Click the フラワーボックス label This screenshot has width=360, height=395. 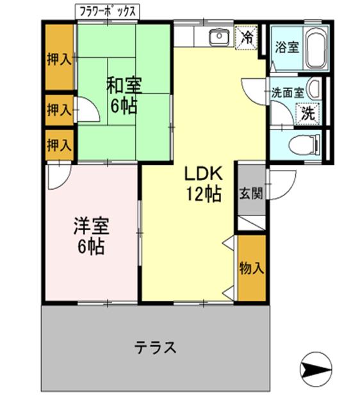(107, 11)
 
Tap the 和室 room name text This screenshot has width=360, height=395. (124, 84)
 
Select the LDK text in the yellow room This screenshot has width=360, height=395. (204, 173)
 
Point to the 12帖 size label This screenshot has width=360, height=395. (204, 194)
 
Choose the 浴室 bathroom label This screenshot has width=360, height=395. (286, 47)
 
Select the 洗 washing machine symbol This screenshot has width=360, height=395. (308, 113)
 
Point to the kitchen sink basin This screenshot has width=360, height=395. (220, 37)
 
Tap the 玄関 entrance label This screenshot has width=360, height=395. (250, 194)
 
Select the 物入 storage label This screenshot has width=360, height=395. (251, 267)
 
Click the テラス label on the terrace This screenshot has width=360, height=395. (155, 348)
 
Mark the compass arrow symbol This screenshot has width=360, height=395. (316, 369)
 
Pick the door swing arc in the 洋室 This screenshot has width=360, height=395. (58, 177)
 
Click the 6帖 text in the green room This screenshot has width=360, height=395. (124, 105)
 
